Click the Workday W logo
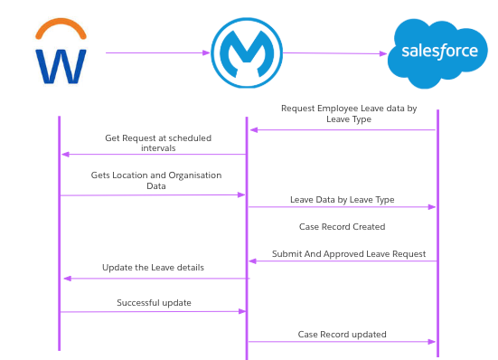(x=61, y=55)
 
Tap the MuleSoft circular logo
(x=247, y=52)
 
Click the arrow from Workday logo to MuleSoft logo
(x=158, y=52)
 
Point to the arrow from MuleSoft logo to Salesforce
(x=335, y=53)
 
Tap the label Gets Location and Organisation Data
(x=155, y=180)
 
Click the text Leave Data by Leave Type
(x=342, y=199)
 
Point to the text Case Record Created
(x=342, y=226)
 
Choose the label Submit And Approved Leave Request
(x=348, y=254)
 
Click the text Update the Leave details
(x=153, y=268)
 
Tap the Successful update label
(x=154, y=302)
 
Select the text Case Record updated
(x=342, y=334)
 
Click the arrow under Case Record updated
(x=342, y=342)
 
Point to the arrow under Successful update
(x=154, y=311)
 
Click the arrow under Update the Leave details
(x=154, y=279)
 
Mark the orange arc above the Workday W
(x=61, y=31)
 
